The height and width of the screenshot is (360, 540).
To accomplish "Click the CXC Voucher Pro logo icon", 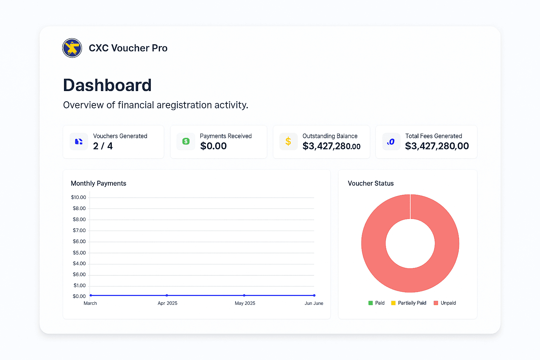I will [72, 48].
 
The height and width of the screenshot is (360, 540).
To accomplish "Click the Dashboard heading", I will [107, 85].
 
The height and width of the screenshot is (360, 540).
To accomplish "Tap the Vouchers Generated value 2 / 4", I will [103, 146].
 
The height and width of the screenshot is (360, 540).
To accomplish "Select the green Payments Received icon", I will [186, 141].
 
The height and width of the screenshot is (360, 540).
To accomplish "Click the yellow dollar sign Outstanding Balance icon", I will [288, 141].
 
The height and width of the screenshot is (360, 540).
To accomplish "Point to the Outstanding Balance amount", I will [331, 146].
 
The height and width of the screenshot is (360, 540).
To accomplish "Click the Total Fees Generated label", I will [433, 136].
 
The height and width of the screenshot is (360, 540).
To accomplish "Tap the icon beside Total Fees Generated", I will [391, 142].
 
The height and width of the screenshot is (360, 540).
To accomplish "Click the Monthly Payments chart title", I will [98, 184].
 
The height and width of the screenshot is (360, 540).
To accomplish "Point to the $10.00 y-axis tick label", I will [78, 198].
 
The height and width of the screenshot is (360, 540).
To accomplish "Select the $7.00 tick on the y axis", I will [79, 231].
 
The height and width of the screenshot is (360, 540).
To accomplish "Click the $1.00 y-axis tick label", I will [79, 285].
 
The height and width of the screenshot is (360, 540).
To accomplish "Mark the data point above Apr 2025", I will [167, 295].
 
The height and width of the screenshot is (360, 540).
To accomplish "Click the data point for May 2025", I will [244, 295].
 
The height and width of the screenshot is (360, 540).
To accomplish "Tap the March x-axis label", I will [90, 303].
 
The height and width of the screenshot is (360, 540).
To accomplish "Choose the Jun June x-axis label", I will [314, 303].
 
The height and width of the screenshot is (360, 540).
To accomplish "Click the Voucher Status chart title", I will [371, 184].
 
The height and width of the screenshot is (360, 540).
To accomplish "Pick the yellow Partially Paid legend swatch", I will [393, 303].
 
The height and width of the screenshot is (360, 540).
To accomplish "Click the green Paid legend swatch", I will [371, 303].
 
